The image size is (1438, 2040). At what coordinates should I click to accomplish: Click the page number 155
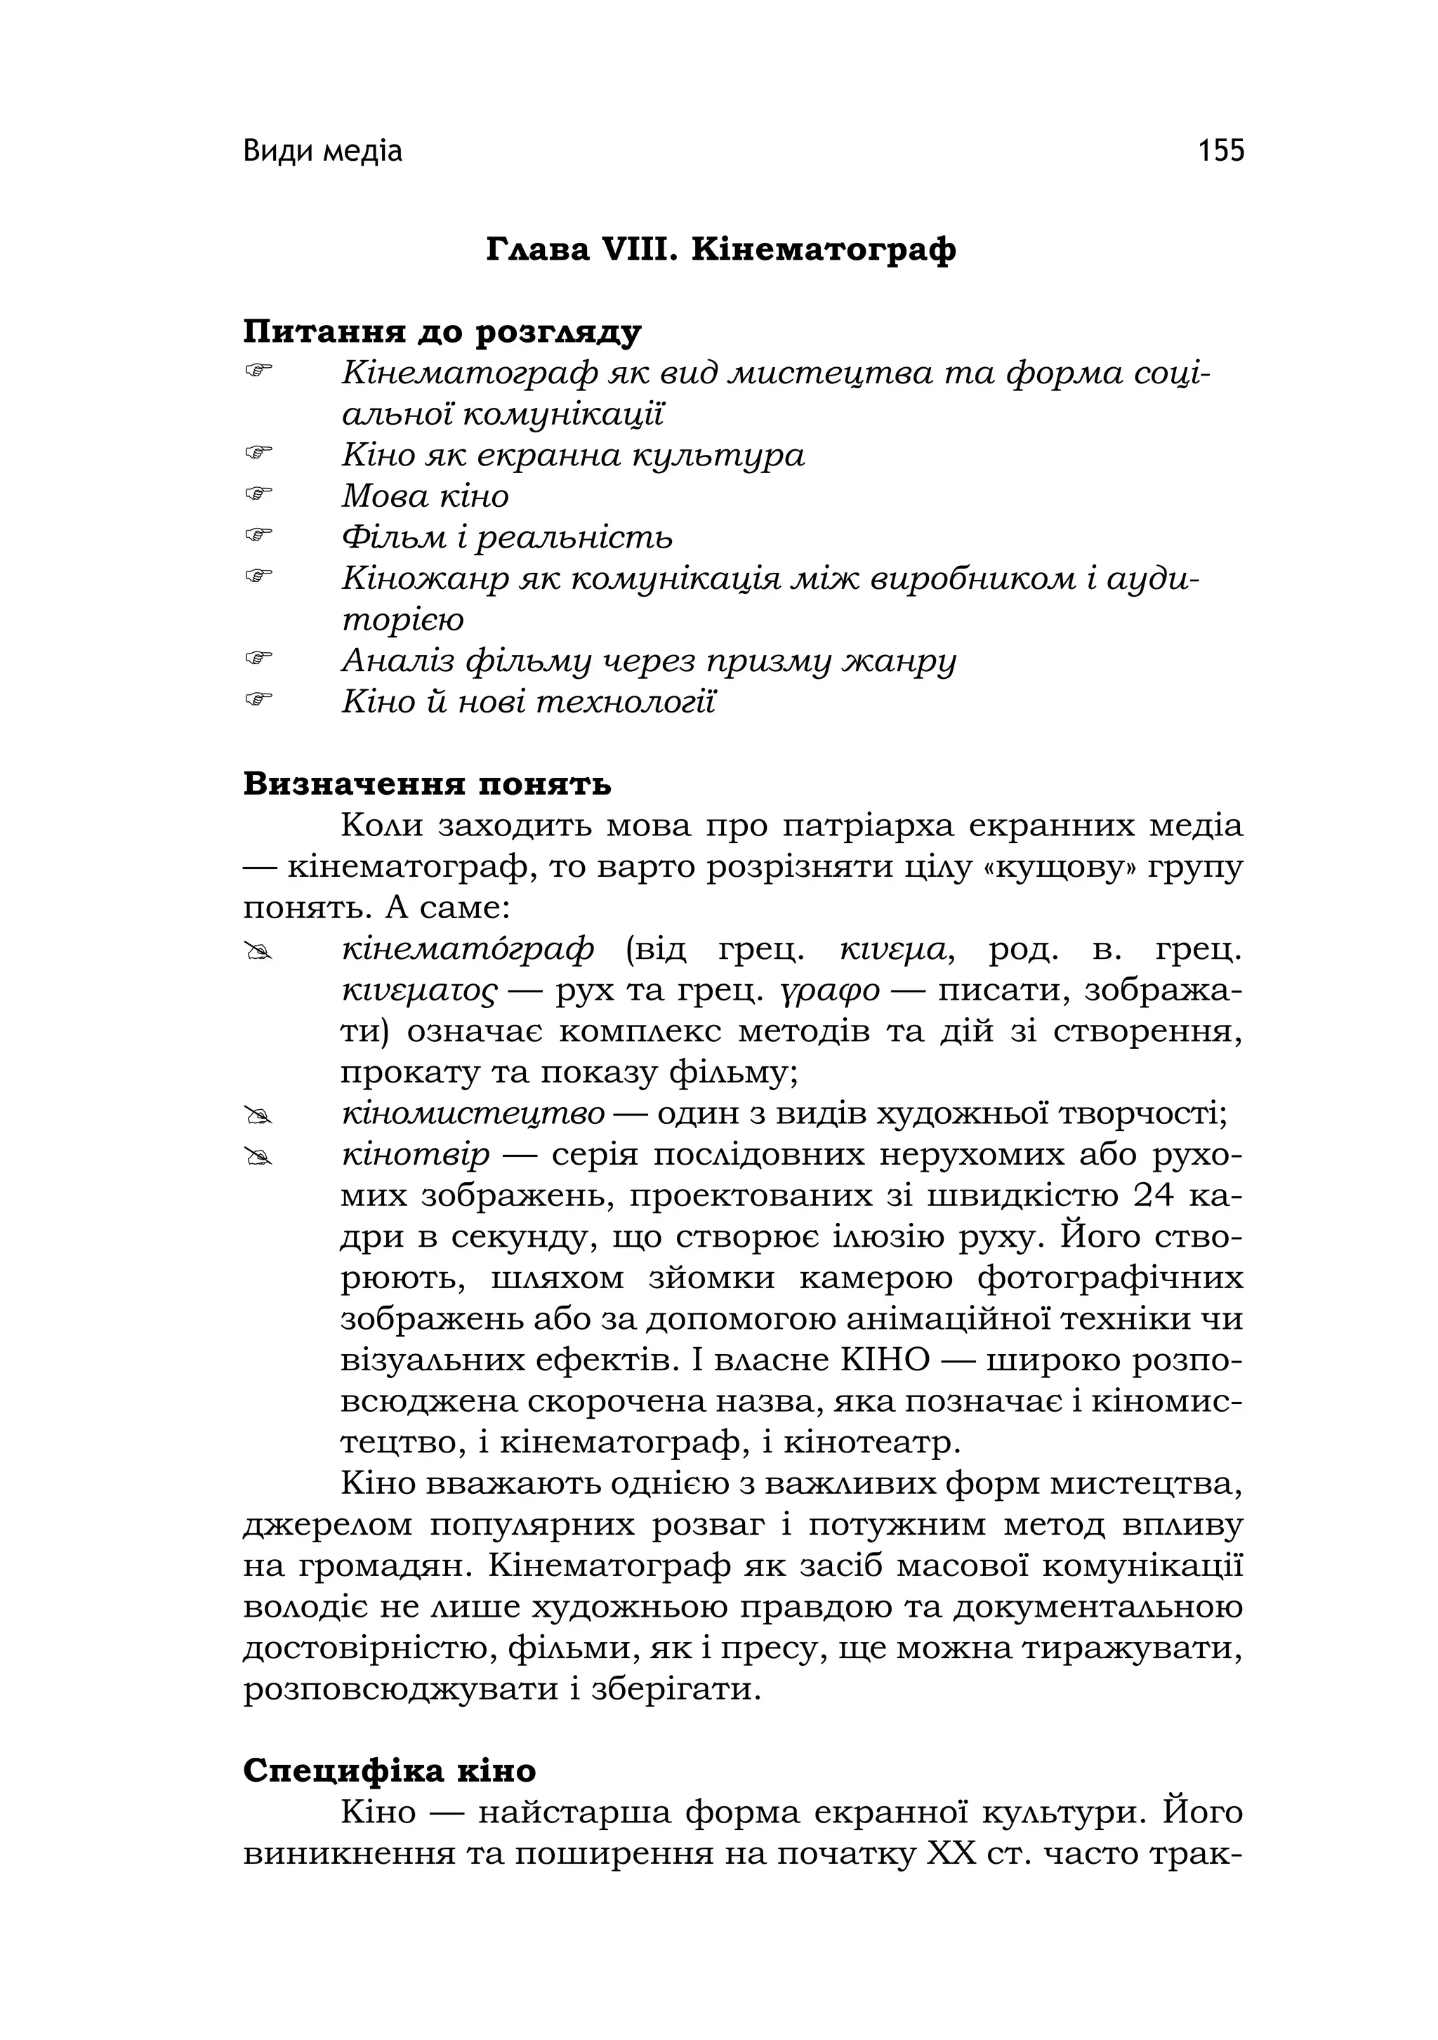(x=1220, y=151)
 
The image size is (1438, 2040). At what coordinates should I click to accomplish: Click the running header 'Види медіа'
(x=322, y=152)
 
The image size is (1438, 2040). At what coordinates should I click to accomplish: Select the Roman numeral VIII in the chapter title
(x=635, y=250)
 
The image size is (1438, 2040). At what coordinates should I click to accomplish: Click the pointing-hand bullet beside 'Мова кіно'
(x=258, y=491)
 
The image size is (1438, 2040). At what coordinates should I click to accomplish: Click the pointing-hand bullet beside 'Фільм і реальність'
(x=258, y=533)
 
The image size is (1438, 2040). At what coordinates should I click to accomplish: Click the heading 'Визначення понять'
(x=427, y=785)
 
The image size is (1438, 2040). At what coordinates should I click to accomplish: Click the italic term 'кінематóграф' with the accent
(x=468, y=950)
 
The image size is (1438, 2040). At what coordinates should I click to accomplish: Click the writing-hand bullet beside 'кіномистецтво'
(x=258, y=1114)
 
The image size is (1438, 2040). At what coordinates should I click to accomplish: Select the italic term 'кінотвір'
(x=415, y=1155)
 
